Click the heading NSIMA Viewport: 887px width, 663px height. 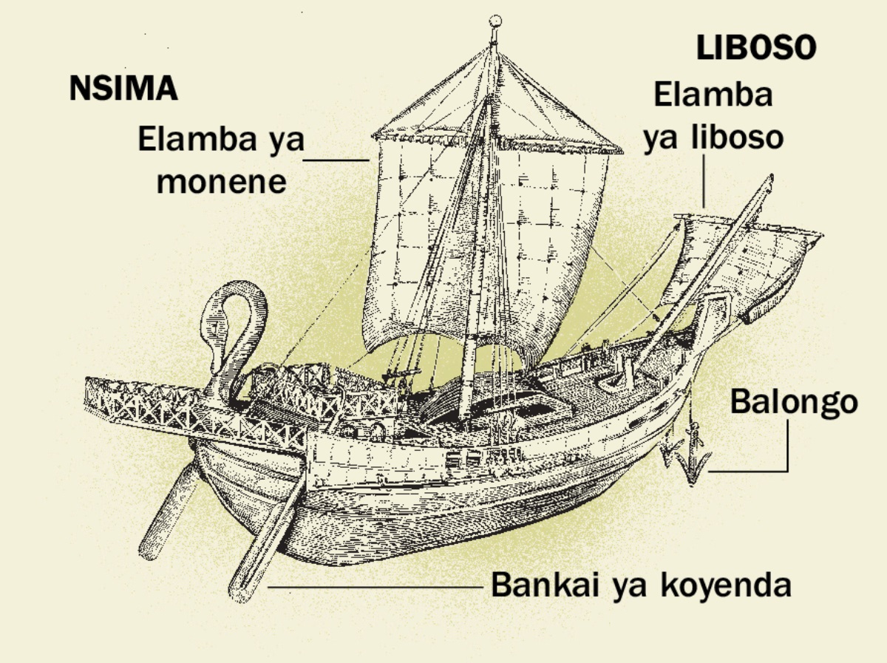[123, 89]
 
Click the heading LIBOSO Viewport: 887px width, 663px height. [756, 49]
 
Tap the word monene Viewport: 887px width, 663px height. [221, 182]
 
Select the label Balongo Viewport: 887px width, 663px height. [794, 403]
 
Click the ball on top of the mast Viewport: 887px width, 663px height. [496, 21]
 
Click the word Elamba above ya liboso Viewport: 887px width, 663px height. [713, 95]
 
